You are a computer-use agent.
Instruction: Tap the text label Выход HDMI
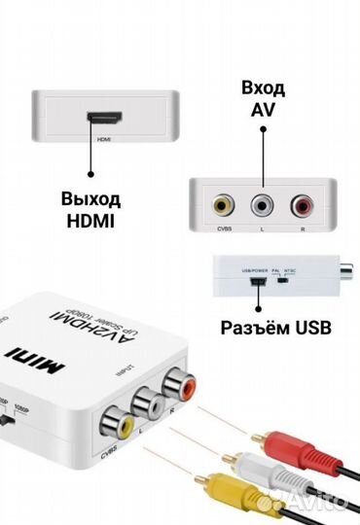[x=90, y=210]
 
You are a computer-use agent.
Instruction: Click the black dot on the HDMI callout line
[x=90, y=175]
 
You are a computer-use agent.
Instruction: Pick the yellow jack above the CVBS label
[x=222, y=206]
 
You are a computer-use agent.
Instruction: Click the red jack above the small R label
[x=300, y=206]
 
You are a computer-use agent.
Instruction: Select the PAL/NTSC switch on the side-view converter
[x=281, y=284]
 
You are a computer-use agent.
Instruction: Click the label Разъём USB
[x=275, y=328]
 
